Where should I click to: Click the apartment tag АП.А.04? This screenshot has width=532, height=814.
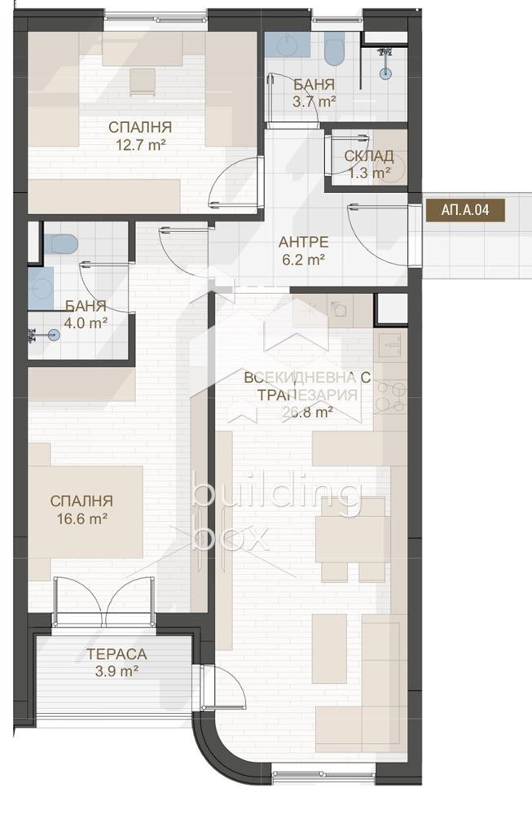tap(465, 209)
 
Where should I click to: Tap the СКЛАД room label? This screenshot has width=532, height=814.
tap(369, 155)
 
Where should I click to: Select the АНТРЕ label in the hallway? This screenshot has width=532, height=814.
tap(303, 242)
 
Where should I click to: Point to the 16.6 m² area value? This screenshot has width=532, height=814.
tap(81, 518)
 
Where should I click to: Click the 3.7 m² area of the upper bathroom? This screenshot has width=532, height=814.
tap(314, 102)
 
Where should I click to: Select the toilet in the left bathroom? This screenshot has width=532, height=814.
tap(59, 243)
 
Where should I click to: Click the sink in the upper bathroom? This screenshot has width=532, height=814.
tap(288, 46)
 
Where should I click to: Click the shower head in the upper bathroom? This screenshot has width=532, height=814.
tap(385, 72)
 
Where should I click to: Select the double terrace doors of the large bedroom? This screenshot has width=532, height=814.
tap(103, 601)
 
